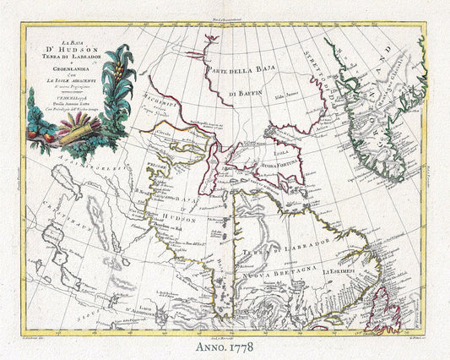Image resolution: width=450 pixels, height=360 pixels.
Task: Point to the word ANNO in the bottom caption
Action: coord(210,346)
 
